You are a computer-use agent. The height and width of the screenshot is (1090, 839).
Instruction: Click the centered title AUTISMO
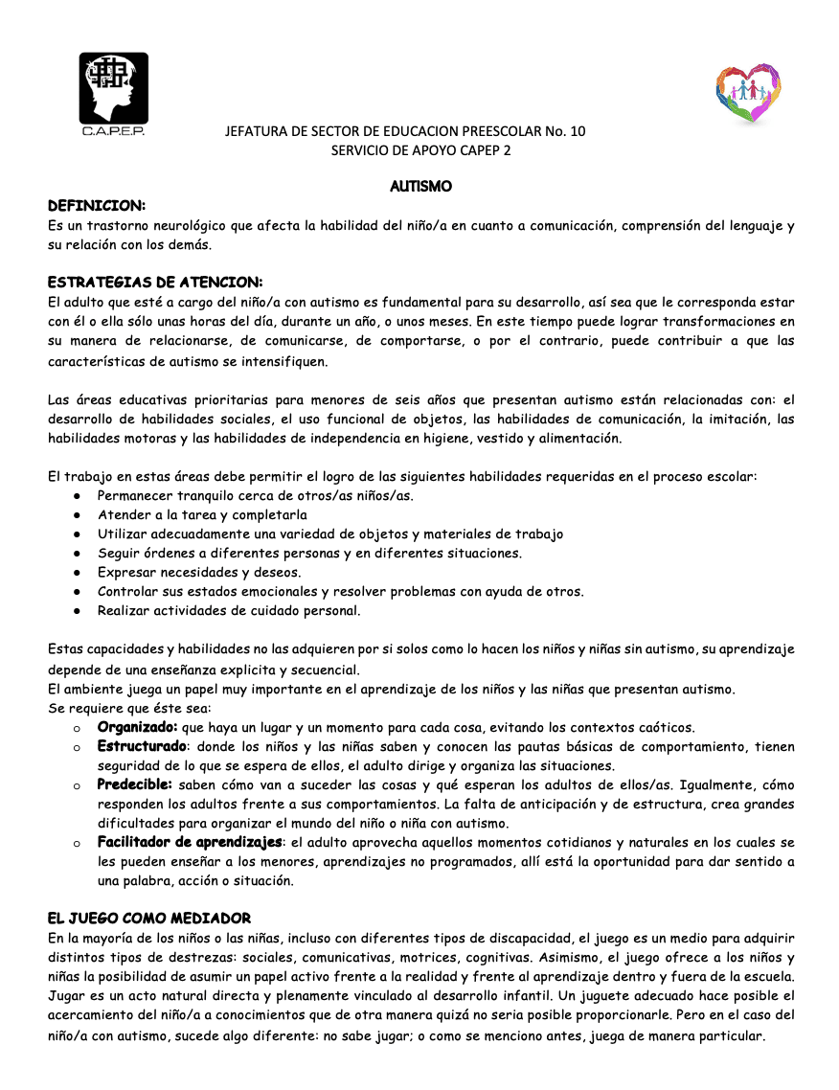click(420, 186)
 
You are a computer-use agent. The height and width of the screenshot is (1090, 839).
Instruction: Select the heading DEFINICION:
click(97, 206)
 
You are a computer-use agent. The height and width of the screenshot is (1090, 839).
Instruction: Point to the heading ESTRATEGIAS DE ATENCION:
click(154, 282)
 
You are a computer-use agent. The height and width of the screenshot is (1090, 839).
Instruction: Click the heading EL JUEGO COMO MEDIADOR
click(149, 919)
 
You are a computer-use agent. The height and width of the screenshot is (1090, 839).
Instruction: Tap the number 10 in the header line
click(577, 131)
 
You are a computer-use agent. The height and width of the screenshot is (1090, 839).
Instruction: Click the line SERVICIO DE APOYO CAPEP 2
click(420, 150)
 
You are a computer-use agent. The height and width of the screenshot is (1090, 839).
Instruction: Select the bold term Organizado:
click(137, 727)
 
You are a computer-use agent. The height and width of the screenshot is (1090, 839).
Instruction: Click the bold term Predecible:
click(134, 784)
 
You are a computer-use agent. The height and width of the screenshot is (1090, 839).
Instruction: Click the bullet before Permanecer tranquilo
click(76, 496)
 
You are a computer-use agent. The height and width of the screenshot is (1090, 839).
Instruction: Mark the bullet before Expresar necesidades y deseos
click(76, 573)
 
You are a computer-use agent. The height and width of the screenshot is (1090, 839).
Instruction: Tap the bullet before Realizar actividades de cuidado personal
click(76, 611)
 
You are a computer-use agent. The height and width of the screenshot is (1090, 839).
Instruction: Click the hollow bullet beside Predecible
click(76, 785)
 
